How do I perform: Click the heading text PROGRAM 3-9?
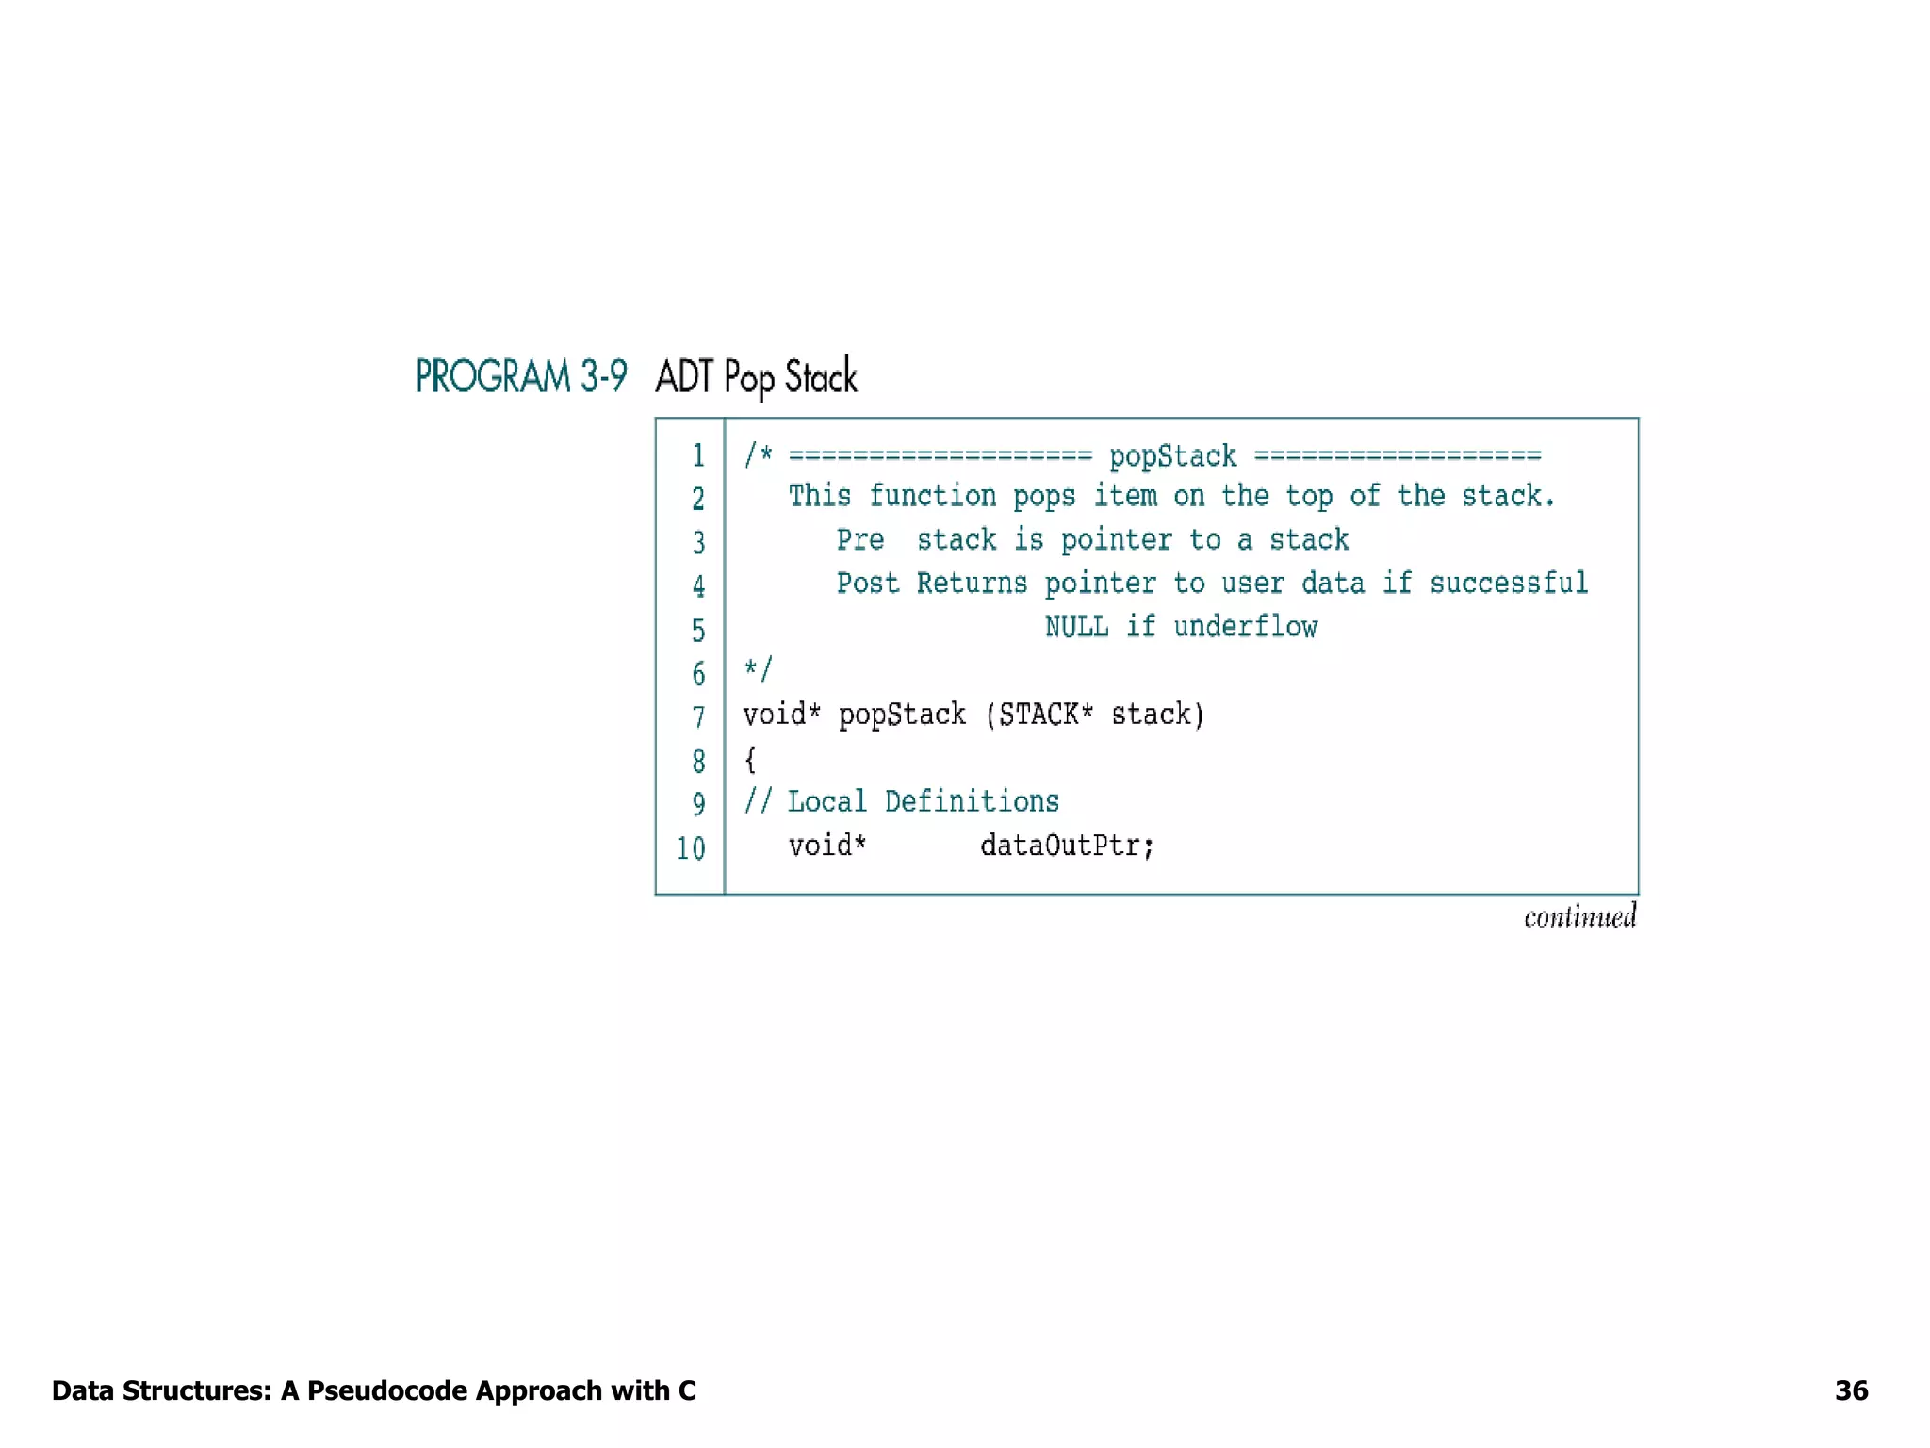click(521, 377)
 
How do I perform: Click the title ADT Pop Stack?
click(756, 377)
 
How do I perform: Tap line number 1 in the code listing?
click(698, 456)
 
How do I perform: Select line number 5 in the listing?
click(698, 630)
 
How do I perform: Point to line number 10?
click(691, 848)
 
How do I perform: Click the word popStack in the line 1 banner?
click(1172, 457)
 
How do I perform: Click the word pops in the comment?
click(1044, 497)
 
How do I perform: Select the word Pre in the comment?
click(860, 540)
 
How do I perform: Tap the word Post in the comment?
click(868, 584)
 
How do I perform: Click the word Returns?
click(972, 584)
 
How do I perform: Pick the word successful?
click(1508, 584)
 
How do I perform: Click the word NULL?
click(1076, 627)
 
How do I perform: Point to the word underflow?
click(1245, 627)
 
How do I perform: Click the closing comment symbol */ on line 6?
click(758, 670)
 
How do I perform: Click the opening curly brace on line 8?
click(750, 759)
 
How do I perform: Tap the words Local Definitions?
click(924, 802)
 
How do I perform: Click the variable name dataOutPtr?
click(1067, 846)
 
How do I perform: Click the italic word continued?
click(1579, 917)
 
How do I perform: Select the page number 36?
click(1851, 1390)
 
